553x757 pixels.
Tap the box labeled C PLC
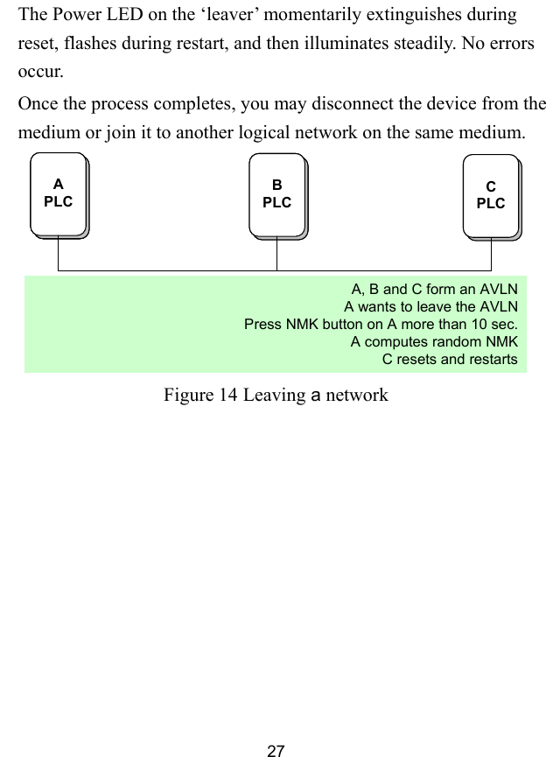pyautogui.click(x=491, y=196)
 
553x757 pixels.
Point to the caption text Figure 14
pyautogui.click(x=200, y=396)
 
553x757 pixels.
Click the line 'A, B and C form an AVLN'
pyautogui.click(x=434, y=289)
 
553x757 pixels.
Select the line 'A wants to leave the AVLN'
pyautogui.click(x=430, y=306)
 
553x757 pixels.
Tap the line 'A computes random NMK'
pyautogui.click(x=434, y=341)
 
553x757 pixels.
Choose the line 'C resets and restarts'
pyautogui.click(x=450, y=359)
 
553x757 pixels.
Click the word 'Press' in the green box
pyautogui.click(x=262, y=324)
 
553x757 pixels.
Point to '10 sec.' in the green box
pyautogui.click(x=493, y=324)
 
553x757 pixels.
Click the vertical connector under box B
pyautogui.click(x=277, y=253)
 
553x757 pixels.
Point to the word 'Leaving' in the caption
pyautogui.click(x=273, y=396)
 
